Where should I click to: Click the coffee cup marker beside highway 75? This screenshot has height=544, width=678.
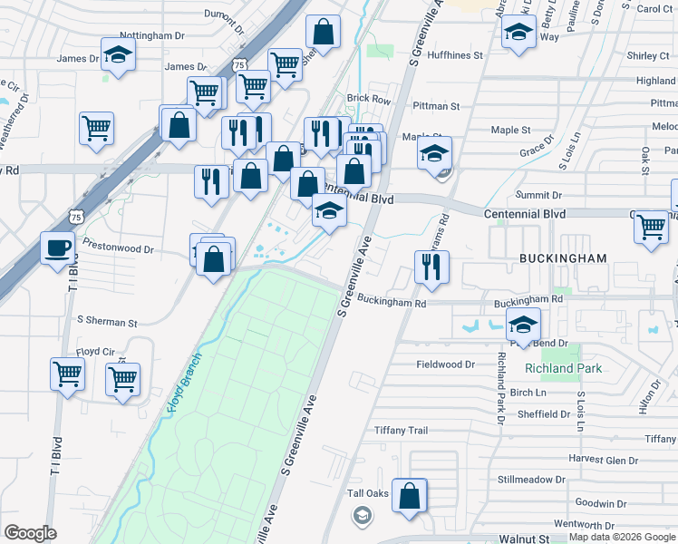[x=58, y=248]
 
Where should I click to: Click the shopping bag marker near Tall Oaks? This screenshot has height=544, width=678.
[x=410, y=496]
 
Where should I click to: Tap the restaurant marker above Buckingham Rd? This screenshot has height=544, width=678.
[x=431, y=267]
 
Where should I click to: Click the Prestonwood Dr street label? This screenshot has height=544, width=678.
[x=118, y=246]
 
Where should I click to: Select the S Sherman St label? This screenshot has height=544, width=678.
[x=107, y=321]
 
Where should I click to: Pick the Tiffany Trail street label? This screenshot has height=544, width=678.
[x=401, y=431]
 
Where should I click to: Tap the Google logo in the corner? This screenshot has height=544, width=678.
[x=30, y=533]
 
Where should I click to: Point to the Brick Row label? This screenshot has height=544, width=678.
[x=368, y=99]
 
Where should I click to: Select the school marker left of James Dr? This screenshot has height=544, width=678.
[x=117, y=56]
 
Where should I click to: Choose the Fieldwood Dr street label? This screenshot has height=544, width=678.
[x=445, y=364]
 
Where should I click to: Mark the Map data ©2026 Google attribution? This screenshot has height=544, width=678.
[x=622, y=538]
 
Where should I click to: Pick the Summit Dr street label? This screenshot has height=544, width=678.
[x=538, y=195]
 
